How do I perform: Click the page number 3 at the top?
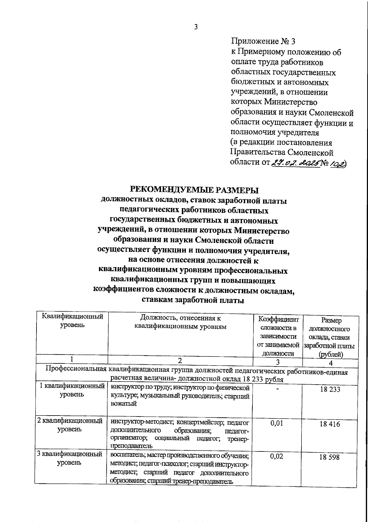tap(196, 27)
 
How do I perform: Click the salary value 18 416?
tap(330, 424)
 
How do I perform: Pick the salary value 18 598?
tap(329, 457)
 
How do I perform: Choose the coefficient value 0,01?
tap(277, 423)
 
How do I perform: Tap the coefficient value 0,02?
tap(277, 456)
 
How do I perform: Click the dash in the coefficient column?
tap(277, 389)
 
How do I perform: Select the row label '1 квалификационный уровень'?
tap(72, 390)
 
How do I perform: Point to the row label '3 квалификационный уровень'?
tap(70, 458)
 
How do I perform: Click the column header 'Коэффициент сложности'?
tap(278, 324)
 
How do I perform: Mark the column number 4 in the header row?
tap(331, 363)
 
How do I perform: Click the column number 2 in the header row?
tap(180, 360)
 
